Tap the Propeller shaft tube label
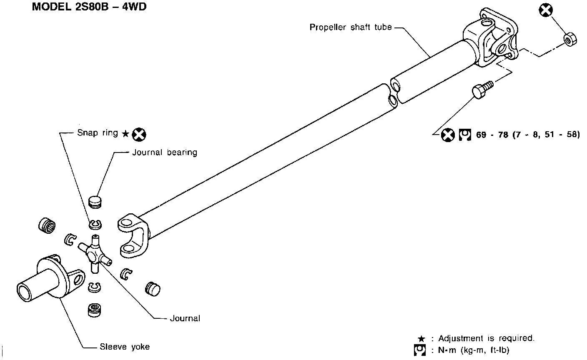pos(351,27)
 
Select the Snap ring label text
pos(98,133)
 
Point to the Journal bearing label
pos(164,152)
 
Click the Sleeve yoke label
pos(124,347)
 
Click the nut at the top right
pos(570,38)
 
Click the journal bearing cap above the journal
pos(96,202)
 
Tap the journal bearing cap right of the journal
pos(153,288)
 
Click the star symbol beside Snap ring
pos(125,134)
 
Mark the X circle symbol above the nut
pos(545,10)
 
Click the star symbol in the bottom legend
pos(421,339)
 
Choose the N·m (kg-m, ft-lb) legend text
pos(473,350)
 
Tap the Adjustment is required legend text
pos(486,338)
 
